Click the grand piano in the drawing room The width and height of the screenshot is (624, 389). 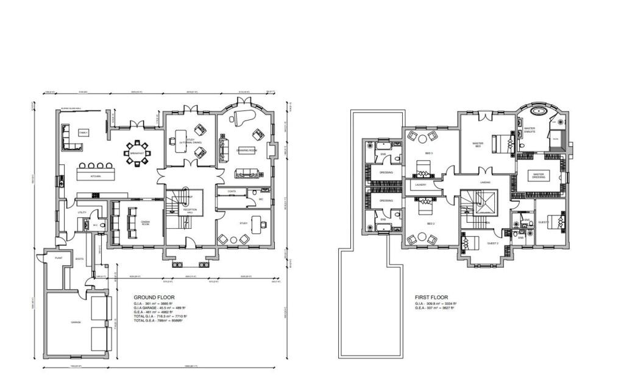[x=238, y=117]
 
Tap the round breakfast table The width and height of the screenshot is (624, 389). [x=138, y=150]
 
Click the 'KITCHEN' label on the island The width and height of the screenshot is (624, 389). [x=94, y=177]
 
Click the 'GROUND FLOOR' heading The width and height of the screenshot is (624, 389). [x=149, y=298]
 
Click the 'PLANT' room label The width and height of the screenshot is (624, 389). [x=58, y=258]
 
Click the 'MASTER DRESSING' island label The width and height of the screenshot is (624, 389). [x=538, y=175]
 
